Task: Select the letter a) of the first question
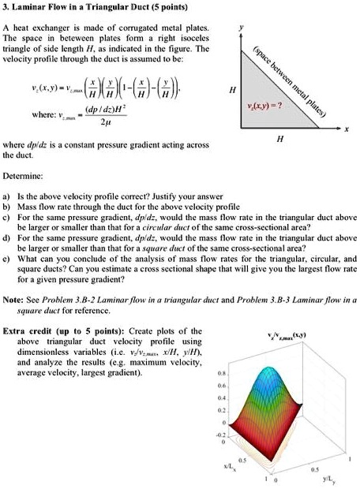click(7, 193)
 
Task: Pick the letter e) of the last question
click(7, 257)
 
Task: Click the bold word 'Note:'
click(13, 300)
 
